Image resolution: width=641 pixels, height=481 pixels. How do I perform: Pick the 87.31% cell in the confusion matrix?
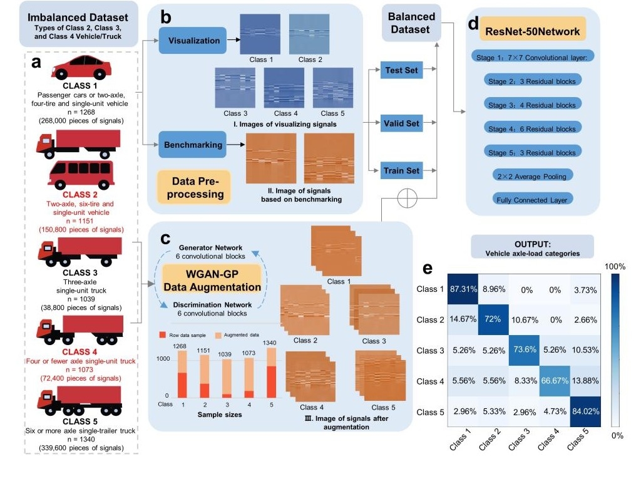pyautogui.click(x=463, y=290)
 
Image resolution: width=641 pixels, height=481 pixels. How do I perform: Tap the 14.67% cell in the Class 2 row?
pyautogui.click(x=463, y=320)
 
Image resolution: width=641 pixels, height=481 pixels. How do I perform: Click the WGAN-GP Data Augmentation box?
pyautogui.click(x=211, y=279)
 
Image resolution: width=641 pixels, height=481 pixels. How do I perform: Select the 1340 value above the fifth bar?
pyautogui.click(x=270, y=343)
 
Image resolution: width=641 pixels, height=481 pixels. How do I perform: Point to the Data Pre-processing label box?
pyautogui.click(x=193, y=187)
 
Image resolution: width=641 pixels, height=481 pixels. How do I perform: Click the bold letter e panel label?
pyautogui.click(x=428, y=268)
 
